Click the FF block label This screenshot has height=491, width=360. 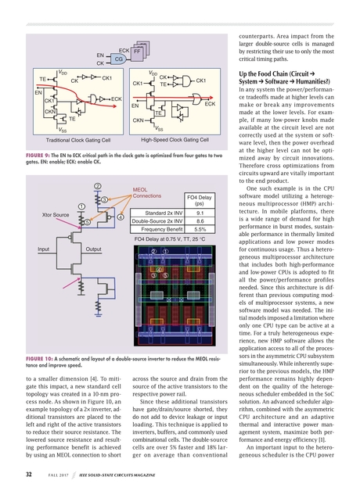[136, 50]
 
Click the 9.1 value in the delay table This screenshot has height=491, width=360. [200, 212]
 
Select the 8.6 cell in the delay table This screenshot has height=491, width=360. [200, 221]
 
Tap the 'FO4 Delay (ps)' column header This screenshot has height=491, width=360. [200, 199]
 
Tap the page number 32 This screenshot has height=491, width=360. [27, 473]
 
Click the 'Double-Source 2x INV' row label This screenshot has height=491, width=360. [156, 221]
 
